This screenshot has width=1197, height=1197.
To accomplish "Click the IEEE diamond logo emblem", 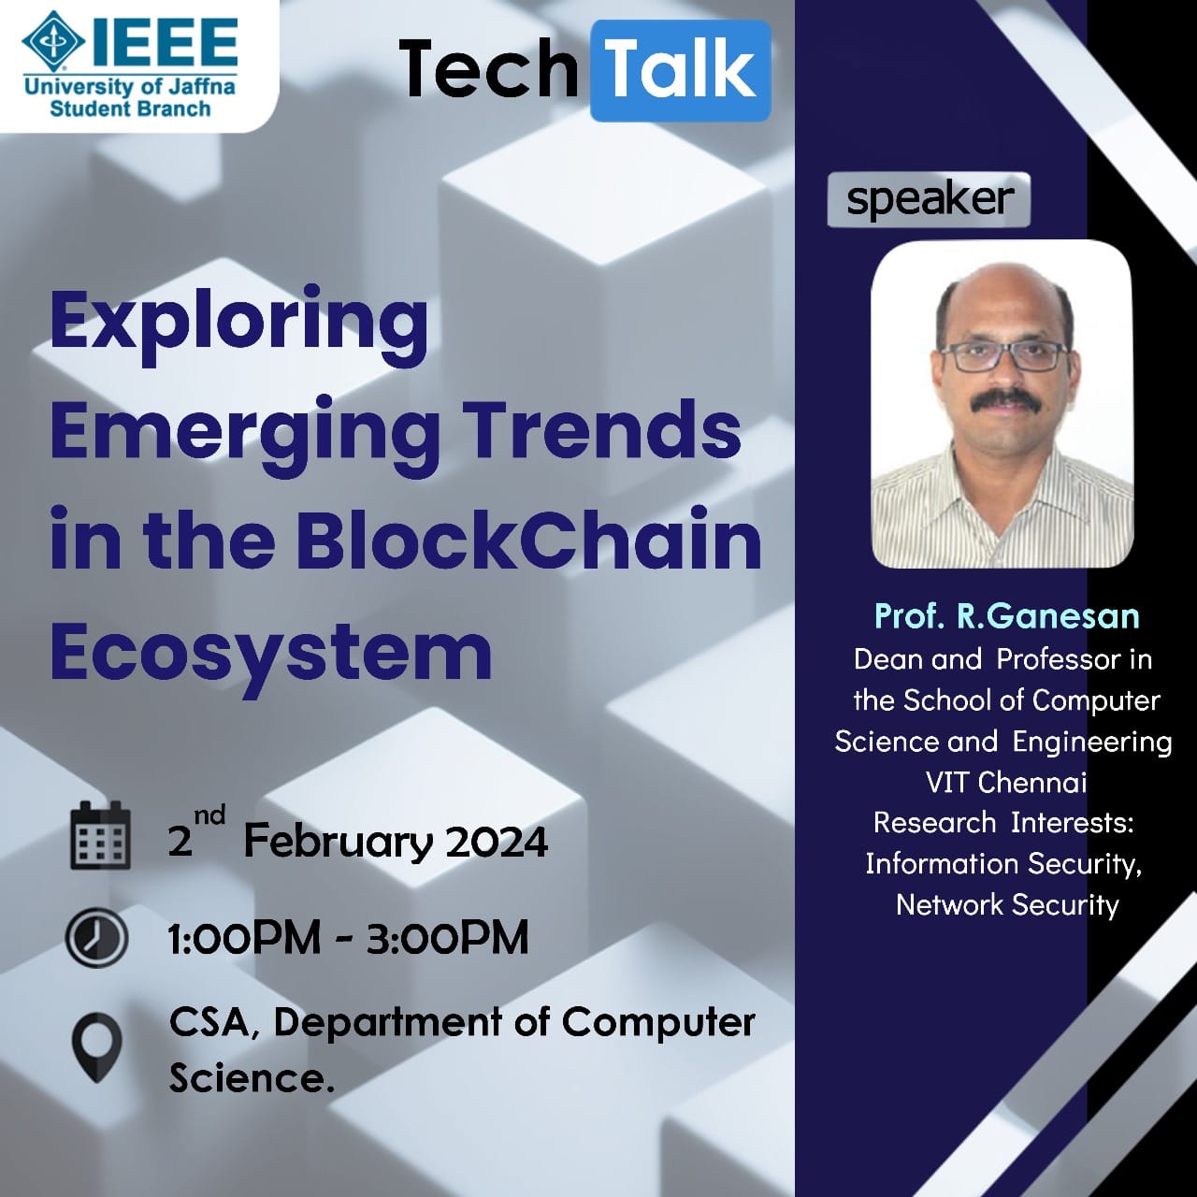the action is tap(53, 41).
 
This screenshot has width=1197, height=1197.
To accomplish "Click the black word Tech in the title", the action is tap(488, 69).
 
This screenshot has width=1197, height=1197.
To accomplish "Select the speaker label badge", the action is tap(929, 199).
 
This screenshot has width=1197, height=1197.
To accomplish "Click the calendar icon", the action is tap(100, 835).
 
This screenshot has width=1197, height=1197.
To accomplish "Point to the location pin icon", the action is tap(97, 1048).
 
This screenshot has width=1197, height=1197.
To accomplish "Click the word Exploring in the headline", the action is tap(239, 324).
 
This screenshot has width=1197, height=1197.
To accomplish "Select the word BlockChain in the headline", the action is tap(529, 538).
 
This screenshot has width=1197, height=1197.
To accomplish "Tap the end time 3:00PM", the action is tap(447, 937).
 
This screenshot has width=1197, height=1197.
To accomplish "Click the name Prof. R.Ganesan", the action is tap(1007, 616).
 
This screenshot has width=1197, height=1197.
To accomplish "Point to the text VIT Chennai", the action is tap(1006, 782).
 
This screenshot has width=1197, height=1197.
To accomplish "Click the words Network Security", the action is tap(1007, 904).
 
